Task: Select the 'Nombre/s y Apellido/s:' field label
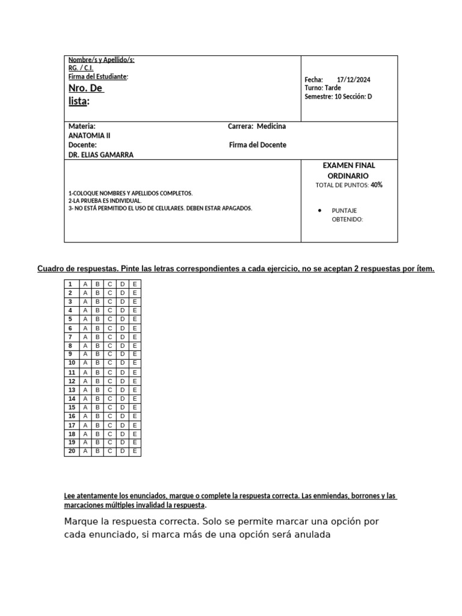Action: point(102,60)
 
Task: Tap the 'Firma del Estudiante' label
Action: point(98,76)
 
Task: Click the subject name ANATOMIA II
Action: point(90,135)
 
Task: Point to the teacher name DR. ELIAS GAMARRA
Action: point(101,155)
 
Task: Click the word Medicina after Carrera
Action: point(271,126)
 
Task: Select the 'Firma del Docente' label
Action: point(257,145)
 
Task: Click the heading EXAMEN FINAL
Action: point(349,165)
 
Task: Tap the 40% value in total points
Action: point(377,185)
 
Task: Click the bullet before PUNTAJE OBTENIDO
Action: point(319,211)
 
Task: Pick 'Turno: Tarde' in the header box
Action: point(323,88)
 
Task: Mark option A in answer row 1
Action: point(85,284)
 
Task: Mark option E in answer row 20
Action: point(135,451)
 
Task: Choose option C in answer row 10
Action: point(109,363)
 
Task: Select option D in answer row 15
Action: point(122,407)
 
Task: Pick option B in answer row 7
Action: point(97,337)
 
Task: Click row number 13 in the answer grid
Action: point(72,390)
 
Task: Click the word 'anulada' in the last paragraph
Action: point(310,534)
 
